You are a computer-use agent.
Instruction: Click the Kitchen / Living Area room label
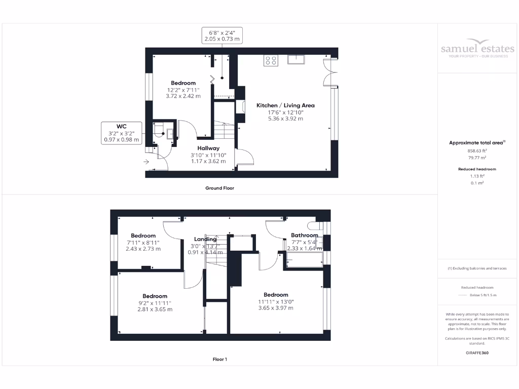(x=285, y=105)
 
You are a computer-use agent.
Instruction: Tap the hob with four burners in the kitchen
(x=271, y=60)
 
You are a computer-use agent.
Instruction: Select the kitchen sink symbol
(x=296, y=60)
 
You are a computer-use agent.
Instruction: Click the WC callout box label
(x=121, y=126)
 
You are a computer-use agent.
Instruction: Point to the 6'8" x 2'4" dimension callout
(x=221, y=35)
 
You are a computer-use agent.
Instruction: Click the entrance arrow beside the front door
(x=146, y=162)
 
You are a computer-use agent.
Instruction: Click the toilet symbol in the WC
(x=159, y=131)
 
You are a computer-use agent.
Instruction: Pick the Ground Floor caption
(x=219, y=188)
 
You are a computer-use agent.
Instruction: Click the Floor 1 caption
(x=219, y=359)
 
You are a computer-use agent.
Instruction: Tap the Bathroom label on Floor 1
(x=304, y=235)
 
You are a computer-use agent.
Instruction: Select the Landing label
(x=205, y=239)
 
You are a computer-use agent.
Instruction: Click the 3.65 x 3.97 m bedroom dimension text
(x=276, y=308)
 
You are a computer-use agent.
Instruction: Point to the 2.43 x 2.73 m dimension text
(x=143, y=249)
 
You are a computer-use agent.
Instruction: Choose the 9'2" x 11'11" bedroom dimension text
(x=155, y=303)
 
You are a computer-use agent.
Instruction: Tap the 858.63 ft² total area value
(x=477, y=150)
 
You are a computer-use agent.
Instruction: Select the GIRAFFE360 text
(x=477, y=352)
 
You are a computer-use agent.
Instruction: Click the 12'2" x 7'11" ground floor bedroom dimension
(x=183, y=90)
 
